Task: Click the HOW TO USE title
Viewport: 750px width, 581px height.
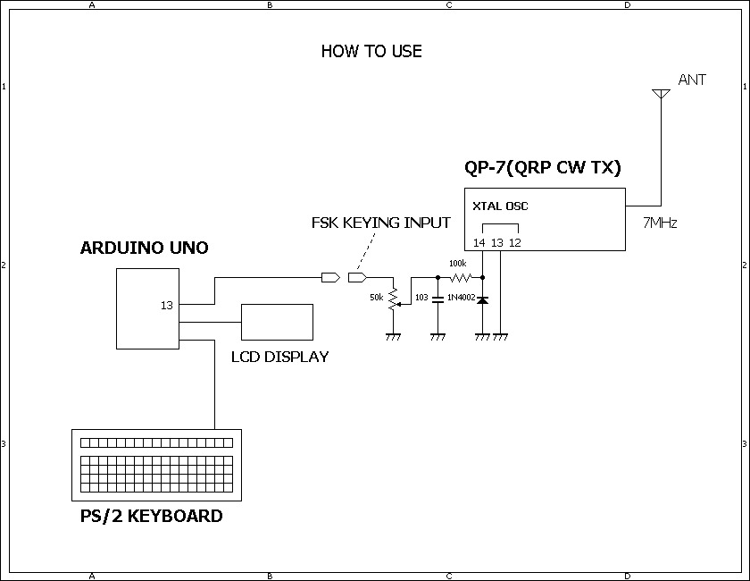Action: [x=371, y=51]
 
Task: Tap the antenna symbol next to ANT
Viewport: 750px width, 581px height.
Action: [x=661, y=94]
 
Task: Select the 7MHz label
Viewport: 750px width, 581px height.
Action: [x=660, y=223]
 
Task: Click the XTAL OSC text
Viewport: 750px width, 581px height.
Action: [x=500, y=206]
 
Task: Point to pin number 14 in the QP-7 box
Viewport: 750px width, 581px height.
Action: [x=479, y=243]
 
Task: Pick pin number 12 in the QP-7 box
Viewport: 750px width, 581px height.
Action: [x=514, y=243]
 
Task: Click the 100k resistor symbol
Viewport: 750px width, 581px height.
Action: [x=461, y=277]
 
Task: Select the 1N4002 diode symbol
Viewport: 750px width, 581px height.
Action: [x=483, y=299]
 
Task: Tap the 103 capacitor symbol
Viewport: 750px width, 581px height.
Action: [x=437, y=299]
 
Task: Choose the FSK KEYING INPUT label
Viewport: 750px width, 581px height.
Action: [x=380, y=223]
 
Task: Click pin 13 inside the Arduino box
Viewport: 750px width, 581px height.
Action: [x=166, y=305]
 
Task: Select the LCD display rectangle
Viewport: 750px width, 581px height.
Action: [x=277, y=322]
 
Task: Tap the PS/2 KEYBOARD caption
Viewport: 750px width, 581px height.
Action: [x=151, y=516]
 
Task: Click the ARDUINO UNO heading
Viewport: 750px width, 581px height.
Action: [x=144, y=248]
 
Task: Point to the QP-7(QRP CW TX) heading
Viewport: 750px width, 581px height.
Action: [x=543, y=168]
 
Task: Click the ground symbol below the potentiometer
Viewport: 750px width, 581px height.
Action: [x=393, y=337]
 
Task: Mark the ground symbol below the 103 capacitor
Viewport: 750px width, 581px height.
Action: [x=437, y=337]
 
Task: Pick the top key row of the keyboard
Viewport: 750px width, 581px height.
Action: [x=156, y=443]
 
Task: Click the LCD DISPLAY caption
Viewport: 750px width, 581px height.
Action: [x=279, y=357]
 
